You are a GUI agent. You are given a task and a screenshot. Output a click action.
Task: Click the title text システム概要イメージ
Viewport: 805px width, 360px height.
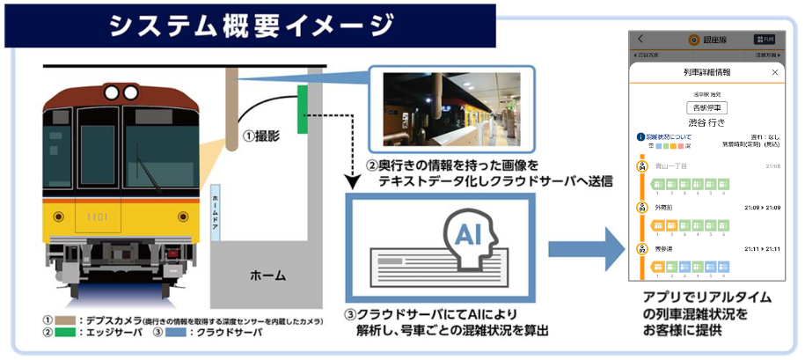[x=251, y=25]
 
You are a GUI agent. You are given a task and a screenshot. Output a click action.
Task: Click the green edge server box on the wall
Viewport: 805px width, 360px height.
[x=304, y=109]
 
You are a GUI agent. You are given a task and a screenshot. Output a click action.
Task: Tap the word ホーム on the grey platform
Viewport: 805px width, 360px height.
[x=267, y=276]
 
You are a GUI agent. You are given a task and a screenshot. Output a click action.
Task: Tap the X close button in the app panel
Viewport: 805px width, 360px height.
[x=774, y=72]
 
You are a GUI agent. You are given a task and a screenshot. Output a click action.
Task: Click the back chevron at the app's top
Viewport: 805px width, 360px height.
[x=640, y=39]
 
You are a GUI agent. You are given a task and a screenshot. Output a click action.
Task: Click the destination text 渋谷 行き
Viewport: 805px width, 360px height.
[x=706, y=122]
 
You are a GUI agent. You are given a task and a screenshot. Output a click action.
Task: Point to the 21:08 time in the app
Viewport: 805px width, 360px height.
[x=772, y=165]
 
